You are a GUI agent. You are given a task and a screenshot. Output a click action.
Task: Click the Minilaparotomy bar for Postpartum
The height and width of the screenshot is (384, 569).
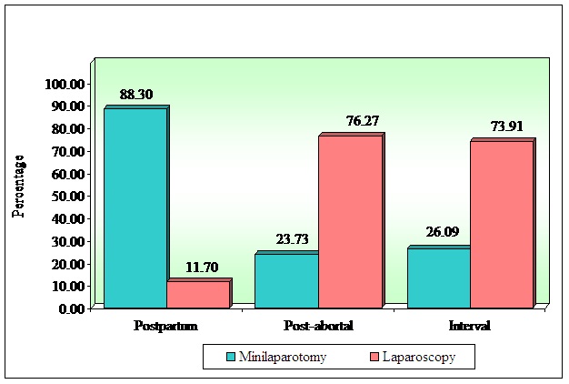(x=135, y=207)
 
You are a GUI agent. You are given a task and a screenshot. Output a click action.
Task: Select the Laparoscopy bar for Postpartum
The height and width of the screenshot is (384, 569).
(x=197, y=295)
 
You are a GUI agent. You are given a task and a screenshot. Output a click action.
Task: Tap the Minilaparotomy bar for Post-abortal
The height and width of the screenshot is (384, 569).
(x=285, y=280)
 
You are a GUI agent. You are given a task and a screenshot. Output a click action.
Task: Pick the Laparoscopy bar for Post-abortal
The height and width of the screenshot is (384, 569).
(x=349, y=221)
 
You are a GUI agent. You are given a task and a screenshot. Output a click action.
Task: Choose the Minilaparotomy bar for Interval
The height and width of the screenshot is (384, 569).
(x=438, y=278)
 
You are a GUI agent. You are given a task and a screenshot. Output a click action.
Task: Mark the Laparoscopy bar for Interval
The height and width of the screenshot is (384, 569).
(x=501, y=224)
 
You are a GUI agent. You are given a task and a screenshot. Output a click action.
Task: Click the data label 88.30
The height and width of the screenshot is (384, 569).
(x=135, y=94)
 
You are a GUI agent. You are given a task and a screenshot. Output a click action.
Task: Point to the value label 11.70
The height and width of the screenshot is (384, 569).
(x=197, y=266)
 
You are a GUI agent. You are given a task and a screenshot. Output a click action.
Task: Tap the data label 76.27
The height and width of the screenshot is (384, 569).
(x=349, y=121)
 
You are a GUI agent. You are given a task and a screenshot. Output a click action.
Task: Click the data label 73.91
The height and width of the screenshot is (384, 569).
(x=501, y=126)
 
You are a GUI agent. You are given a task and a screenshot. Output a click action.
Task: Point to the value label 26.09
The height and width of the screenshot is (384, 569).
(x=437, y=234)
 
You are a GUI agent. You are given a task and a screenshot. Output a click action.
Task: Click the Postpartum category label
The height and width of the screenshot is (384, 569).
(x=165, y=325)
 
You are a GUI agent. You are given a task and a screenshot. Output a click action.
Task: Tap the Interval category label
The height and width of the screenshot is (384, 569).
(x=470, y=325)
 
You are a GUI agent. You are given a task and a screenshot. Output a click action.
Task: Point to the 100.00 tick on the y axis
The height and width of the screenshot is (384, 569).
(x=65, y=84)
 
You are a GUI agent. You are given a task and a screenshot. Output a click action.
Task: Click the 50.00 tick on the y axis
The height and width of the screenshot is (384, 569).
(x=66, y=197)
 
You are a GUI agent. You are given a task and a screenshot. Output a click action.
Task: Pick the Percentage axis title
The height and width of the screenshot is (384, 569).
(x=18, y=187)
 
